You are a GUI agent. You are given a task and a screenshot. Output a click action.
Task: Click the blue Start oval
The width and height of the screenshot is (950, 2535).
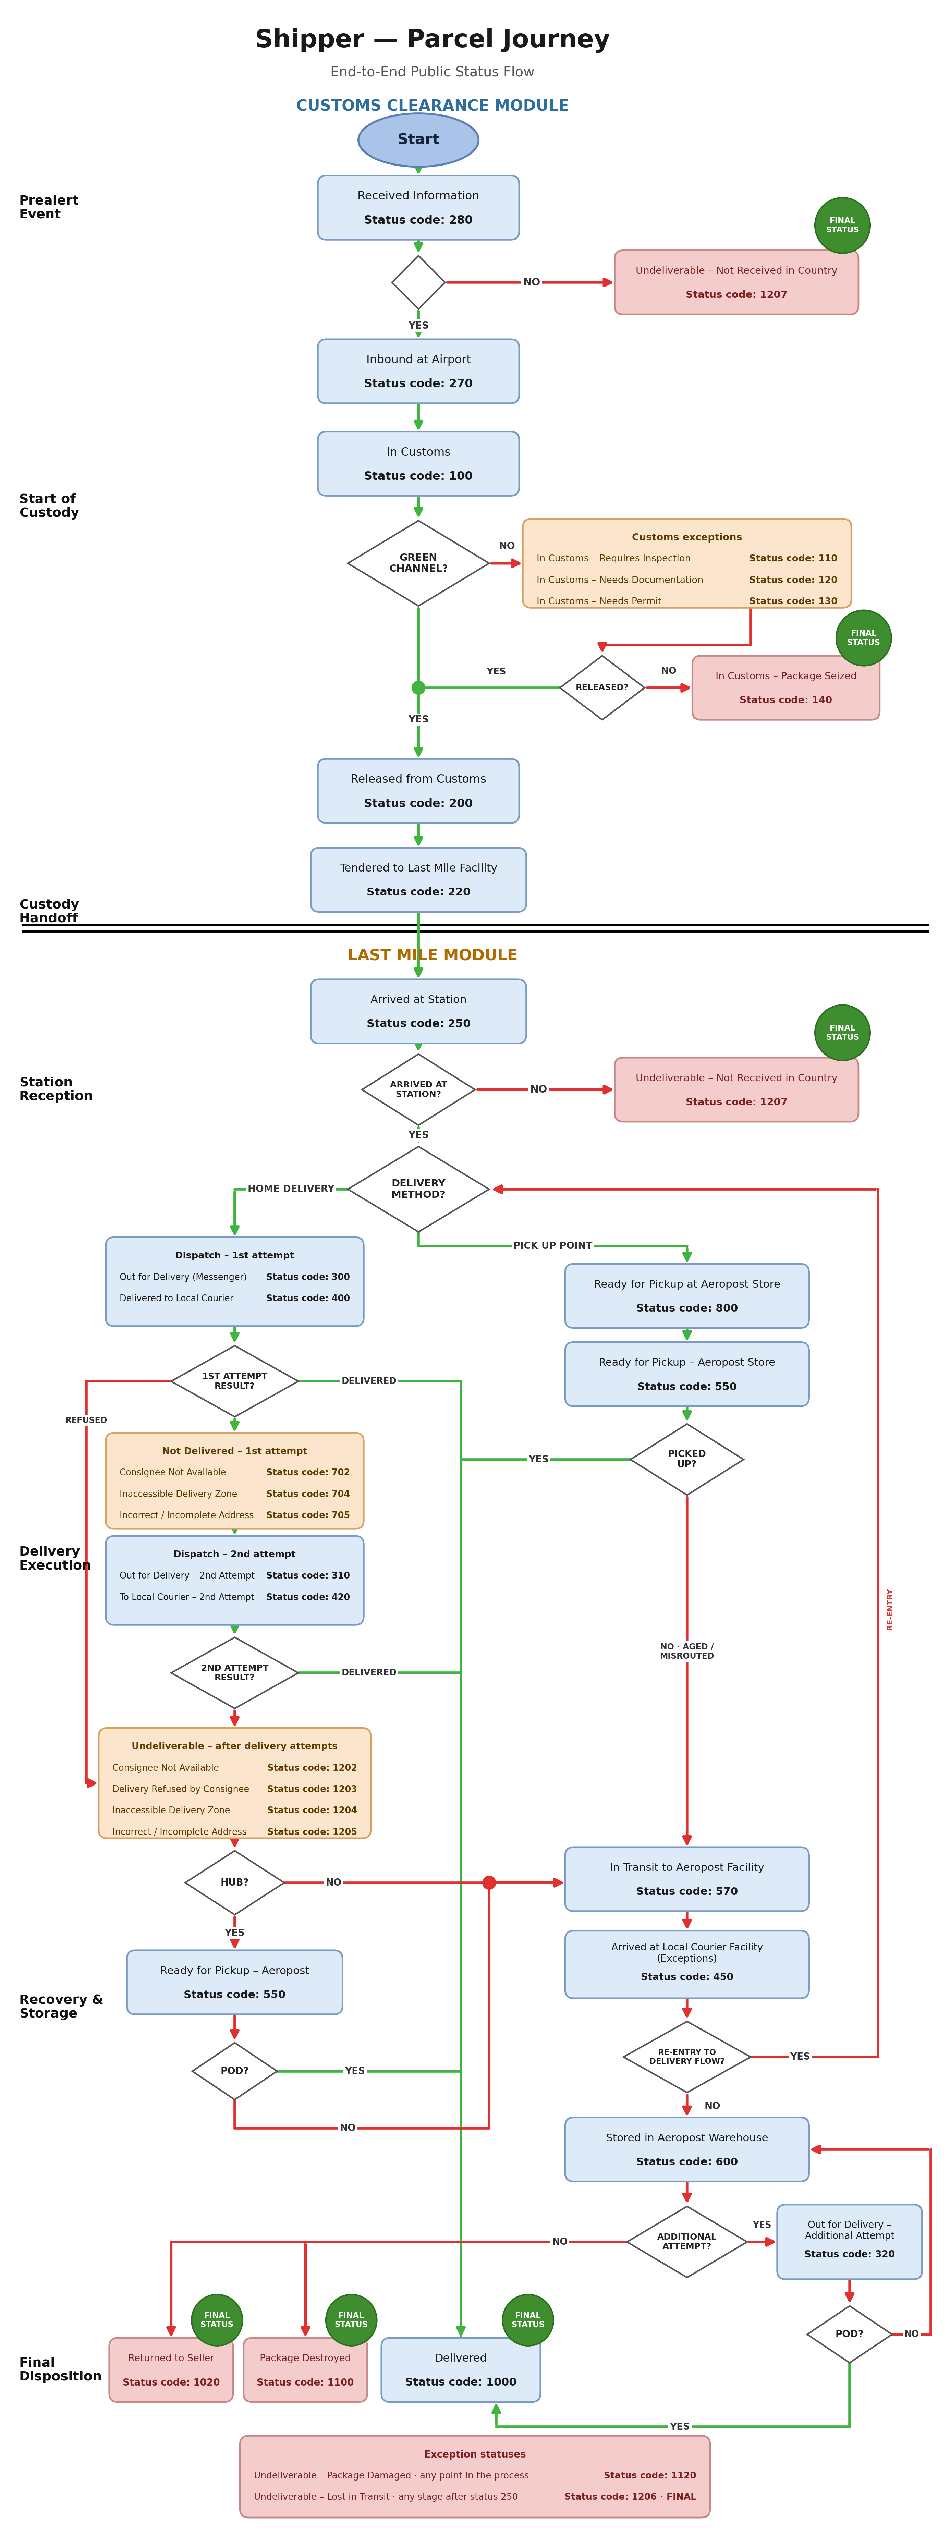point(418,140)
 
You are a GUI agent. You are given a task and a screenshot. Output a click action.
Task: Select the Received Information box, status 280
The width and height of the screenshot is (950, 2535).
point(418,208)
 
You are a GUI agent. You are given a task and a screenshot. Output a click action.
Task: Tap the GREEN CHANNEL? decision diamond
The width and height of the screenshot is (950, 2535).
point(418,563)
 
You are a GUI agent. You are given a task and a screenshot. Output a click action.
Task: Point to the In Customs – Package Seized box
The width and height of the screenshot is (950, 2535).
point(785,688)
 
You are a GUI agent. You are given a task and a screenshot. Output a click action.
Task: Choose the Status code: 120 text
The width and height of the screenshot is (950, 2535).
point(792,580)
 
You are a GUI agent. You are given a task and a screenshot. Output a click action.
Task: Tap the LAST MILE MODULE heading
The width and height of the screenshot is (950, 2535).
point(432,954)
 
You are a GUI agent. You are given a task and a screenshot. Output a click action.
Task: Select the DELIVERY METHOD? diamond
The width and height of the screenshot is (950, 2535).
point(418,1189)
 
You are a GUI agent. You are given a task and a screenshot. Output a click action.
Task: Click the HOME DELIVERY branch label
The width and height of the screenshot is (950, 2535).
point(290,1189)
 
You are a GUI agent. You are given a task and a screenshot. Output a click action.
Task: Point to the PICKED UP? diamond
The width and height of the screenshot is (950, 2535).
point(687,1459)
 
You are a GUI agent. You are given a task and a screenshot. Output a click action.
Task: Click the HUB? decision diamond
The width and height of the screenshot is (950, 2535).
point(234,1882)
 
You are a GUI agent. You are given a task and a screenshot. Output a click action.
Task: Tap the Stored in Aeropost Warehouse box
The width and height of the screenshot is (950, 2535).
point(687,2149)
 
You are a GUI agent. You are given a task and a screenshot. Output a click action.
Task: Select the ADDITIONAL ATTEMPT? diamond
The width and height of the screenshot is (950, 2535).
point(687,2242)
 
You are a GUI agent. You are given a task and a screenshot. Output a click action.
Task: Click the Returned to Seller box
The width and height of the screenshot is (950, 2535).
point(171,2370)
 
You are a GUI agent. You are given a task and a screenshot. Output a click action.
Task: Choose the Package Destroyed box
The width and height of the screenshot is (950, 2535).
point(305,2370)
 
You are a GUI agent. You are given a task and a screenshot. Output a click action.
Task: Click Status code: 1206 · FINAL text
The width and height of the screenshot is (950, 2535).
point(630,2497)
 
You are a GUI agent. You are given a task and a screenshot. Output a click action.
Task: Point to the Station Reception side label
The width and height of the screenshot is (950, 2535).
point(56,1088)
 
